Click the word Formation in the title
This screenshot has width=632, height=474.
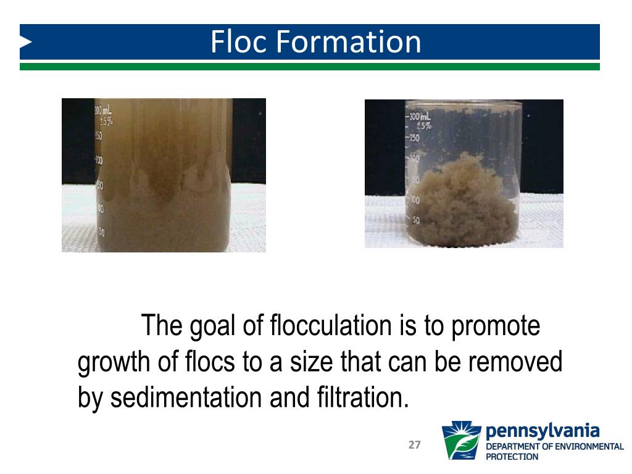[348, 42]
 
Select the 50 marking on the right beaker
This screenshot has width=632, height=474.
[415, 220]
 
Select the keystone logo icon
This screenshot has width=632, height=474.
[462, 441]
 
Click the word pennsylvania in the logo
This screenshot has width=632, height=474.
[543, 430]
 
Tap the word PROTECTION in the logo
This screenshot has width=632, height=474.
[512, 457]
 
